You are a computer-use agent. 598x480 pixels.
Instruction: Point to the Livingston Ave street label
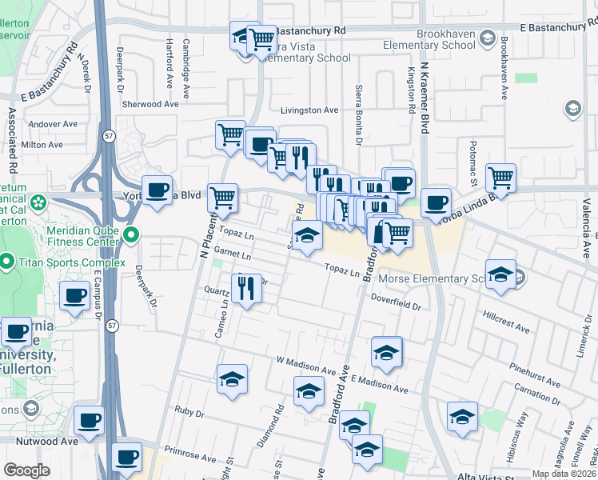309,110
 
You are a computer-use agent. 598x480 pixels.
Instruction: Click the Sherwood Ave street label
150,104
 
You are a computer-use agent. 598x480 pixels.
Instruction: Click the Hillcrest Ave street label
507,322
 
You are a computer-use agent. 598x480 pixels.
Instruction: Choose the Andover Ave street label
53,124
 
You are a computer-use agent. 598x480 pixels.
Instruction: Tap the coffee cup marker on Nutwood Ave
89,420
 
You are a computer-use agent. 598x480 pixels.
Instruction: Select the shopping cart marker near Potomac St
500,178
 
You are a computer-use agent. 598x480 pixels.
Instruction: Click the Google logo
26,470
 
